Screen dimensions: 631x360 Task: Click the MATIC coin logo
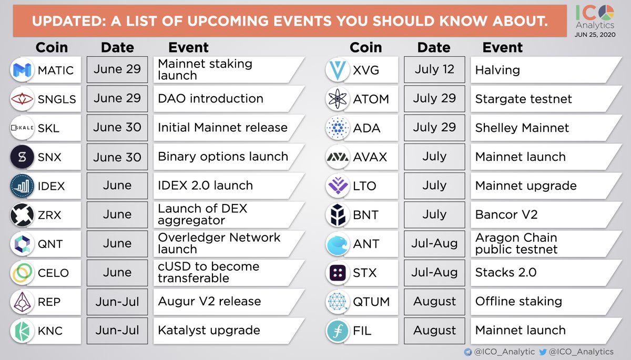[22, 70]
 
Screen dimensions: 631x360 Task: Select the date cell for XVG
[434, 69]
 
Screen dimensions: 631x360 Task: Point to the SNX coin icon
[22, 157]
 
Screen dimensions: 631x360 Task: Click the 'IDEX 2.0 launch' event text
[206, 186]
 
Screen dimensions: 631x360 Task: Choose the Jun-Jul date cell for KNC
[117, 331]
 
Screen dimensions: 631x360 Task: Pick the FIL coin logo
[338, 331]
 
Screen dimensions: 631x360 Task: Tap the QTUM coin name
[371, 302]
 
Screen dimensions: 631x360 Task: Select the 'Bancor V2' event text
[506, 215]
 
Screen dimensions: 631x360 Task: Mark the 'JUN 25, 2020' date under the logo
[595, 35]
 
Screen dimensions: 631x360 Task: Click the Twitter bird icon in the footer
[543, 352]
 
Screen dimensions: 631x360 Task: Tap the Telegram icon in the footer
[468, 352]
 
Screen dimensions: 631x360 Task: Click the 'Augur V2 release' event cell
[229, 302]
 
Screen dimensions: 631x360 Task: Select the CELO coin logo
[22, 273]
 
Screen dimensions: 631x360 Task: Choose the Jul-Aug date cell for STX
[434, 273]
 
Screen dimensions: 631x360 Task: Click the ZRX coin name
[49, 215]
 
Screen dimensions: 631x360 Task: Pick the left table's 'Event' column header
[188, 47]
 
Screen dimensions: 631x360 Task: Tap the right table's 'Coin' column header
[365, 47]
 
